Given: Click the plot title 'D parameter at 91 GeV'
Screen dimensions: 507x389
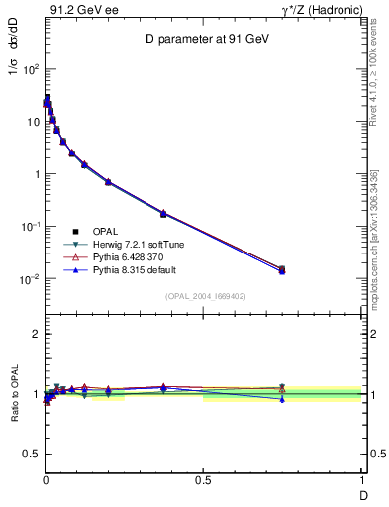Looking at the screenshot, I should tap(203, 39).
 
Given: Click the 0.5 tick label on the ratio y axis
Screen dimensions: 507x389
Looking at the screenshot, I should tap(32, 454).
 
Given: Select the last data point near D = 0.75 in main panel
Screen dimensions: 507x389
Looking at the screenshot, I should tap(282, 269).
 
